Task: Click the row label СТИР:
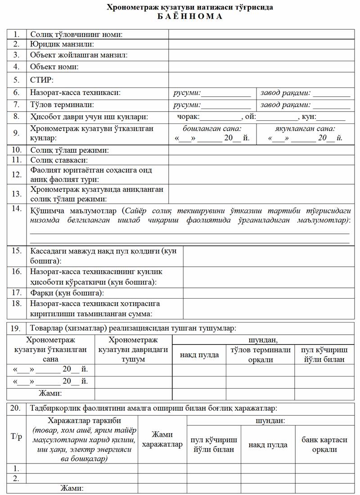coord(42,80)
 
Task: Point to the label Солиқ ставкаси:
coord(59,160)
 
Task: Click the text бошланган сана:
coord(211,129)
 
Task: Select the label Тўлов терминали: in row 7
coord(62,105)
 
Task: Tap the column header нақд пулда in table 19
coord(199,355)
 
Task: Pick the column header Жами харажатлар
coord(162,440)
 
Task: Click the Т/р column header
coord(17,436)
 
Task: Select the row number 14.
coord(17,209)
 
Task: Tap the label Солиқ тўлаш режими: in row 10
coord(69,150)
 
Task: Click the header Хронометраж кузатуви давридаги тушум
coord(134,350)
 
